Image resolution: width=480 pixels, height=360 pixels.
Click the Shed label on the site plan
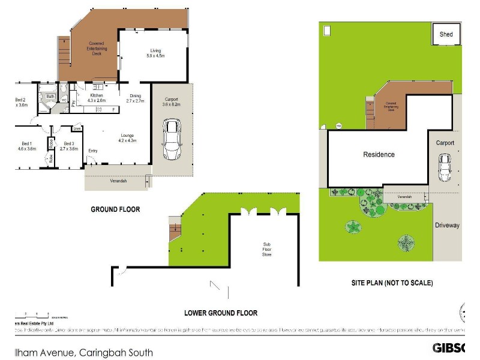point(446,35)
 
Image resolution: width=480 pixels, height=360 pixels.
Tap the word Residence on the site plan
point(379,155)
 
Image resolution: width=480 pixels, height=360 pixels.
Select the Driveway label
point(447,226)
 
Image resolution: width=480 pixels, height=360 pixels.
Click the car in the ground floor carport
point(172,139)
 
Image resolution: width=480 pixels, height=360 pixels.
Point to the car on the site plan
point(445,167)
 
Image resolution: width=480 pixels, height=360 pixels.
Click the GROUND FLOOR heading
point(115,209)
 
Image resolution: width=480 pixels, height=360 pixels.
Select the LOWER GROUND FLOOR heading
point(221,313)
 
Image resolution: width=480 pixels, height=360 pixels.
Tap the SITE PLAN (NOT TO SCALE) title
point(392,283)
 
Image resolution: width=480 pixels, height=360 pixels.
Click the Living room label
point(155,53)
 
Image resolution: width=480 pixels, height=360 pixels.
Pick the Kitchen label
point(97,98)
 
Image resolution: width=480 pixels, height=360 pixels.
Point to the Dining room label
point(136,98)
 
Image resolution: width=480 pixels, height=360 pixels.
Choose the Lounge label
point(126,138)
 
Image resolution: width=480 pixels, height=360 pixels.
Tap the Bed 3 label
point(69,146)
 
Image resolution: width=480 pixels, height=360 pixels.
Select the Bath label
point(50,96)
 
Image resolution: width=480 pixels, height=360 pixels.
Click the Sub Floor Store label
point(266,250)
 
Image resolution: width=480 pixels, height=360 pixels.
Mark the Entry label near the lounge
point(93,151)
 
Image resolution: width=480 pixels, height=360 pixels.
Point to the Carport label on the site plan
point(445,143)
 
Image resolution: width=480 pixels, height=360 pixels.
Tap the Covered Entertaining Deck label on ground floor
point(96,49)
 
